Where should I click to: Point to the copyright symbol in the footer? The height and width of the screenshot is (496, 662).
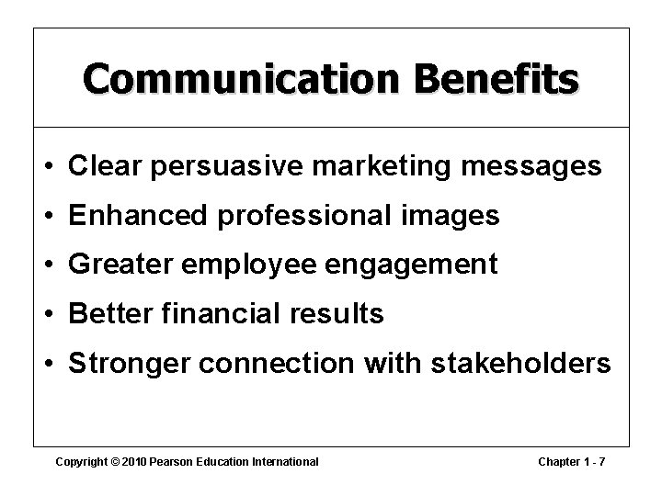pos(114,461)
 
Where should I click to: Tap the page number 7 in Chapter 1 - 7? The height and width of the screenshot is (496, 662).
pos(602,461)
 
